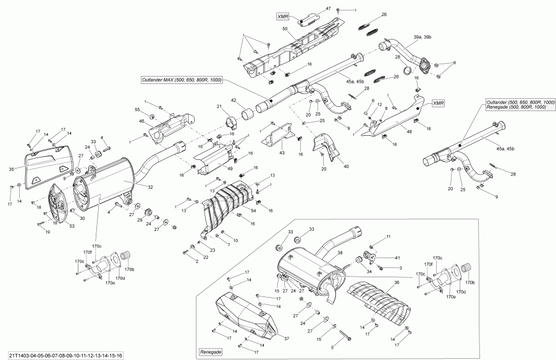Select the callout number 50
coord(285,30)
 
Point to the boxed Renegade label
coord(211,351)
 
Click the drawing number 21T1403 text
coord(62,355)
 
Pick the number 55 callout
coord(138,109)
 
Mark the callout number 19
coord(48,232)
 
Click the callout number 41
coord(398,257)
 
